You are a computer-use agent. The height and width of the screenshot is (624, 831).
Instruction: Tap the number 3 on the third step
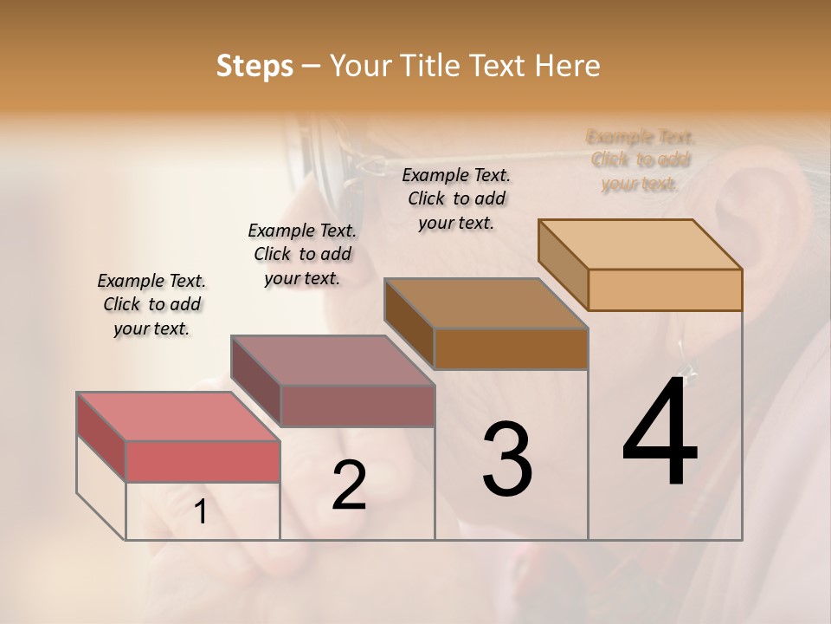507,459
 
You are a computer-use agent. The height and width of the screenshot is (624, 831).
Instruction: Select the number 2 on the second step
349,485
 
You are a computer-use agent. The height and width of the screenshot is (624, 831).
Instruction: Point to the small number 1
201,512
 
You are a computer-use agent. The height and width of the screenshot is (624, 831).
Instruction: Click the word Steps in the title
254,66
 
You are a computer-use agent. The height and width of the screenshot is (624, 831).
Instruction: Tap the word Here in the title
569,66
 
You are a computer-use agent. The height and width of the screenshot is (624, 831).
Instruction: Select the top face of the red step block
178,416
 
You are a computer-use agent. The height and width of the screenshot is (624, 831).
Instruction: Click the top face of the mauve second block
332,360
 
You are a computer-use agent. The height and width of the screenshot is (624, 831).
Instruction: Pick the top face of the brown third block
486,303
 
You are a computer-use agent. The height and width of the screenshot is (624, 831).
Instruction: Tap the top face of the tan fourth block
641,244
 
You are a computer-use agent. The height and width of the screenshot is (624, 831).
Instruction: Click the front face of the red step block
203,461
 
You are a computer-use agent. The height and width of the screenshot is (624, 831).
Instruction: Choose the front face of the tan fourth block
665,289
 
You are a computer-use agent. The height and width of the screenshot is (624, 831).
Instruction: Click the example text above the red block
151,304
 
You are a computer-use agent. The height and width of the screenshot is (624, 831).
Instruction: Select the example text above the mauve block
302,254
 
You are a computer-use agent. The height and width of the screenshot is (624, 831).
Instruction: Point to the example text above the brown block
456,198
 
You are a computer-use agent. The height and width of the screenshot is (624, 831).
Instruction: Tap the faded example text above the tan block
641,160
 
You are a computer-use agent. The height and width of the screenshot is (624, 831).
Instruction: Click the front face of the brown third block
511,348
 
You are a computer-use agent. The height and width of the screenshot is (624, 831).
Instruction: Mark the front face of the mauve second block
358,406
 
